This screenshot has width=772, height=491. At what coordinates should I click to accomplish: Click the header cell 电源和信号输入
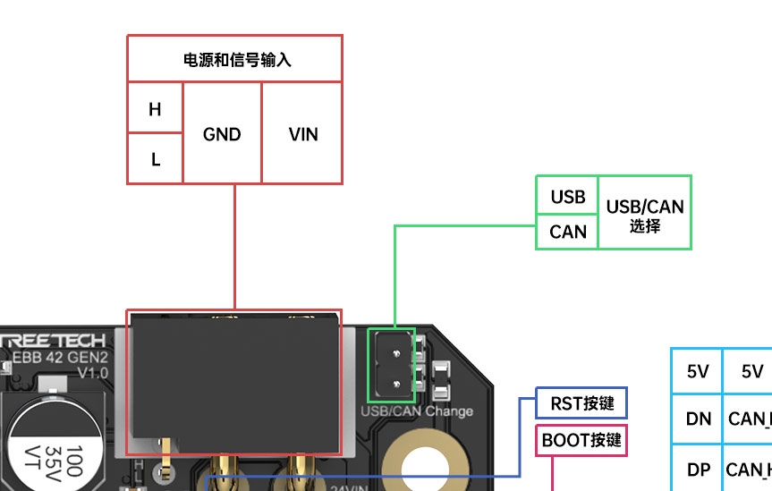coord(234,60)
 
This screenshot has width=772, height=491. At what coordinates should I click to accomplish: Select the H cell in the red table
coord(155,109)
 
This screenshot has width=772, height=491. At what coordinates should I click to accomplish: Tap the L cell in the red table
coord(155,159)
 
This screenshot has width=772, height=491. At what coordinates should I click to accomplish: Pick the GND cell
coord(222,134)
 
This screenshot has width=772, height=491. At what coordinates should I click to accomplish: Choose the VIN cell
coord(303,134)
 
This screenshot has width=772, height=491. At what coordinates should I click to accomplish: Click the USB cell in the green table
coord(567,197)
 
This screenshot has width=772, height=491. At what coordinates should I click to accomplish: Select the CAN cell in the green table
coord(567,232)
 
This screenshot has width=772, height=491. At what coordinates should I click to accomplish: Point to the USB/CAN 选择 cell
coord(644,214)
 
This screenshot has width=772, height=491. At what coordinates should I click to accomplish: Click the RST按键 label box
coord(581,403)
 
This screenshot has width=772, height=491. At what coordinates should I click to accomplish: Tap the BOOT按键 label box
coord(581,440)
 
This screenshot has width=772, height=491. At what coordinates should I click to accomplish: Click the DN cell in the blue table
coord(698,418)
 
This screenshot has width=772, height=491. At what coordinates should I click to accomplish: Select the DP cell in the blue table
coord(698,469)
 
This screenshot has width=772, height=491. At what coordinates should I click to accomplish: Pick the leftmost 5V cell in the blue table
coord(698,371)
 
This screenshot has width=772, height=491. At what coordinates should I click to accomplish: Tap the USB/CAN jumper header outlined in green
coord(392,365)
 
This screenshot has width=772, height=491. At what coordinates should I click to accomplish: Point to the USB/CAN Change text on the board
coord(416,411)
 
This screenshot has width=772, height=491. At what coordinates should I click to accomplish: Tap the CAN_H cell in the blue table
coord(748,469)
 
